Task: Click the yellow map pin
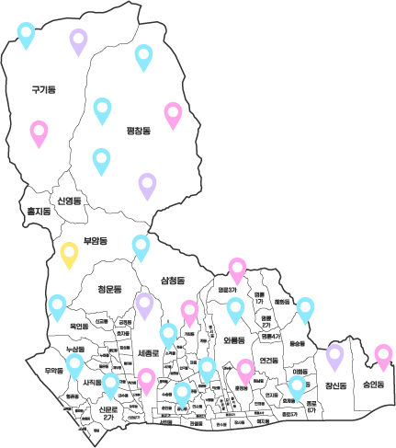(x=69, y=254)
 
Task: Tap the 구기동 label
(x=43, y=89)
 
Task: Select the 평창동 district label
(x=138, y=132)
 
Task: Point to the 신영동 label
(x=69, y=200)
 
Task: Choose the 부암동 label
(x=95, y=241)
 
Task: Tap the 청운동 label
(x=109, y=289)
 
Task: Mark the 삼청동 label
(x=173, y=279)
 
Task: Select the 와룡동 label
(x=237, y=339)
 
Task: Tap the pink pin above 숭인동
(x=383, y=355)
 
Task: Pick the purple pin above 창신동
(x=334, y=354)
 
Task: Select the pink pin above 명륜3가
(x=237, y=269)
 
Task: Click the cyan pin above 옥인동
(x=57, y=305)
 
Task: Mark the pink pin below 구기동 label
(x=39, y=132)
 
